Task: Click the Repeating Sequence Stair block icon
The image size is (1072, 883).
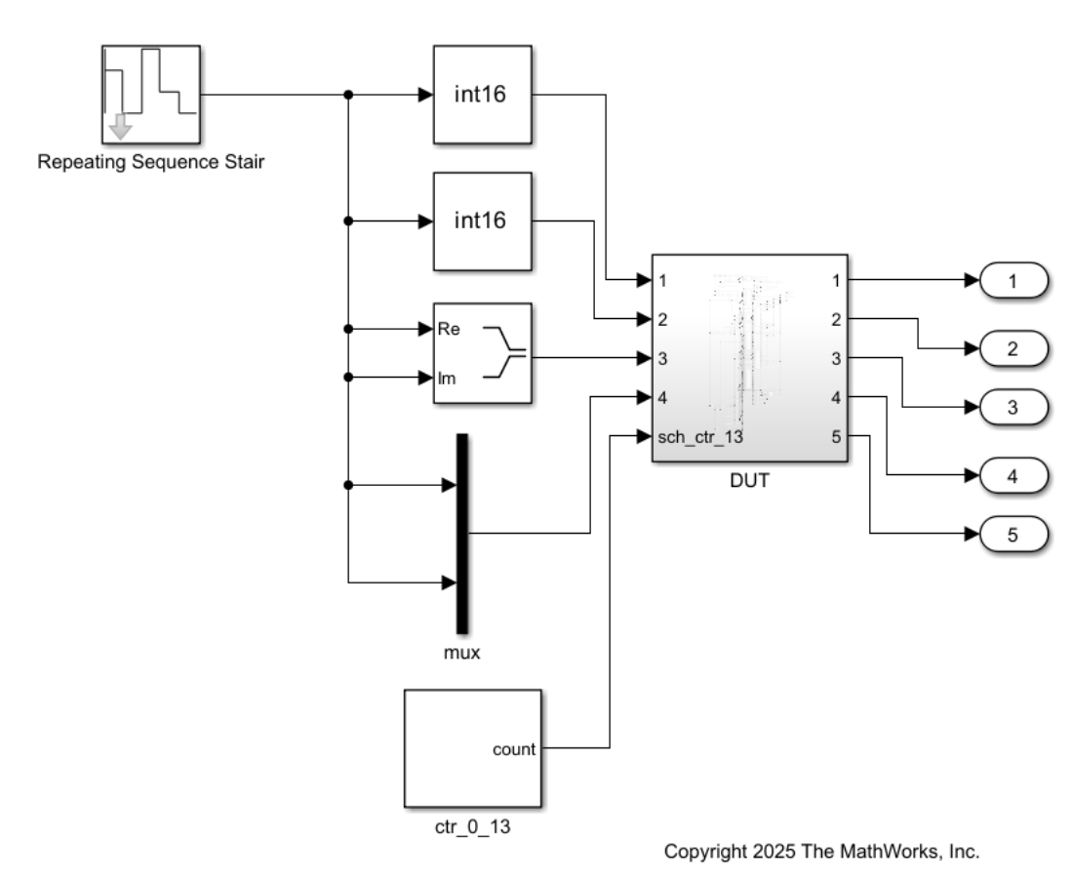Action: (x=151, y=94)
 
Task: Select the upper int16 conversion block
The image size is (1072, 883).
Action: (x=481, y=94)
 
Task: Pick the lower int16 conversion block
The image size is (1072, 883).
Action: (x=481, y=221)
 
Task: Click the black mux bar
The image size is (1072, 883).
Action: (x=462, y=533)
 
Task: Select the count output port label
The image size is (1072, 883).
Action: (x=514, y=749)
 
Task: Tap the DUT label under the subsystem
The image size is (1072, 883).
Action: (x=749, y=481)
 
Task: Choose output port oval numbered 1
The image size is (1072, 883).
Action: (x=1012, y=281)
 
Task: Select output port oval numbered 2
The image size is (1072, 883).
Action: (x=1012, y=346)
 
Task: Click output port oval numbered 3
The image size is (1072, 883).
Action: (x=1012, y=407)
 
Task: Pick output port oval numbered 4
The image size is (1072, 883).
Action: (x=1012, y=475)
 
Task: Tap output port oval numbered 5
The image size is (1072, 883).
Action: (x=1012, y=534)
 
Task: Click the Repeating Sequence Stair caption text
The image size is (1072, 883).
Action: (x=151, y=162)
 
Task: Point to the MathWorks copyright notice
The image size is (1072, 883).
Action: (x=821, y=851)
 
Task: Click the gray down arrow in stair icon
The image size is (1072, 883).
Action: (x=121, y=126)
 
